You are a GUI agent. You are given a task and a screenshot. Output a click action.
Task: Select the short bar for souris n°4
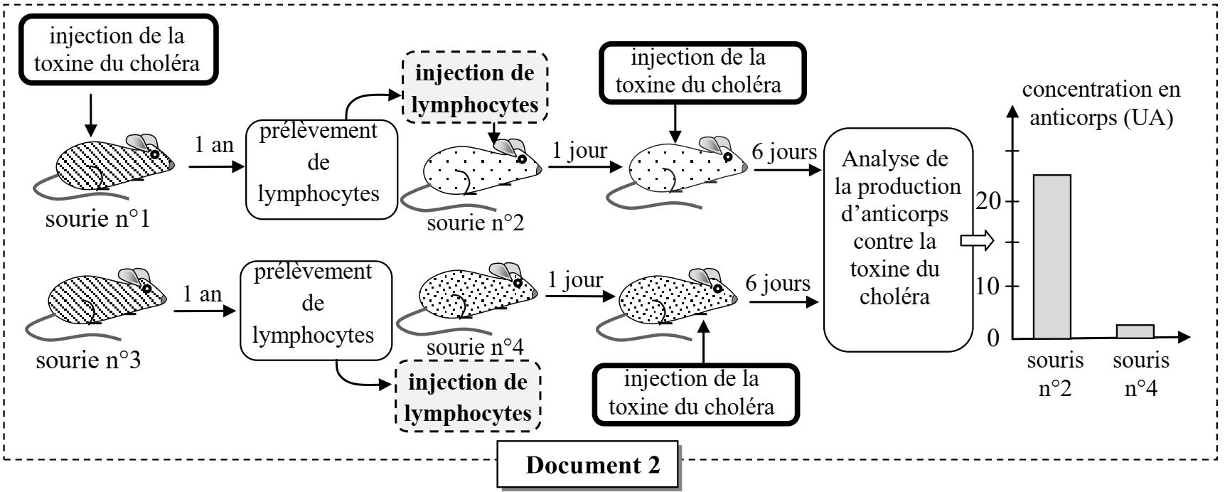click(x=1135, y=331)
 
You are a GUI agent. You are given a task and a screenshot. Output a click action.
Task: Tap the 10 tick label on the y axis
click(x=990, y=287)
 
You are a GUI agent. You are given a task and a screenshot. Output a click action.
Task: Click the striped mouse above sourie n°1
click(x=107, y=164)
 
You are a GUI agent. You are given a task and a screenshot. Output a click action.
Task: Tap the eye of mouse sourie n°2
click(x=521, y=159)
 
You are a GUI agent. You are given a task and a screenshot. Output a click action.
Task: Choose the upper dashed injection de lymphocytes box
click(x=476, y=89)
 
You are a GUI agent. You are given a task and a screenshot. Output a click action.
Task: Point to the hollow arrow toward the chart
click(x=976, y=242)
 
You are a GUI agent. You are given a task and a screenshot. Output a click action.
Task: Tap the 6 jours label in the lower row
click(x=776, y=284)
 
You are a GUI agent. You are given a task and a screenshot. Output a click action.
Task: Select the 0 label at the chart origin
click(x=994, y=338)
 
